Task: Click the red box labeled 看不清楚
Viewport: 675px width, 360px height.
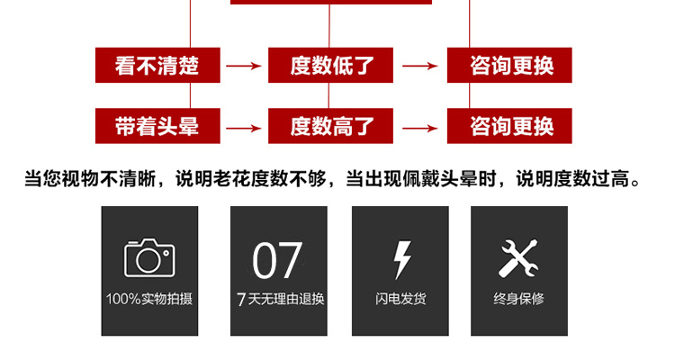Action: click(x=157, y=65)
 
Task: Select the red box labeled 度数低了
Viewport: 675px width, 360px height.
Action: click(x=330, y=65)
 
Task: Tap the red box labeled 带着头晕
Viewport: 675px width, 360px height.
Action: click(x=157, y=126)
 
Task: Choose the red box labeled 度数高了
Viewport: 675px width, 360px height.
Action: click(x=330, y=126)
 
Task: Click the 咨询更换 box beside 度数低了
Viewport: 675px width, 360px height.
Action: click(x=509, y=65)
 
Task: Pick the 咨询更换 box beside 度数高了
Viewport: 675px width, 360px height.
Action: click(x=509, y=126)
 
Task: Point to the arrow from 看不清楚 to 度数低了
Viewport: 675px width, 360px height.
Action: click(x=244, y=66)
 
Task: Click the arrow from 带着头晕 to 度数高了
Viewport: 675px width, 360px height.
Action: click(x=244, y=128)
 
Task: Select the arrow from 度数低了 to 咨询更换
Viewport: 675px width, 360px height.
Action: click(x=420, y=66)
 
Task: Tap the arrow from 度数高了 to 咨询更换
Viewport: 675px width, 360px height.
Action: click(x=420, y=128)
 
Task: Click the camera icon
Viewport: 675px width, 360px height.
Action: click(x=149, y=258)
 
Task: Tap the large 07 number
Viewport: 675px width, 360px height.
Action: click(x=277, y=260)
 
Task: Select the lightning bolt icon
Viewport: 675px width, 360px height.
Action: click(x=402, y=260)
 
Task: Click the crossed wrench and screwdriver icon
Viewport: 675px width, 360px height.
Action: click(x=518, y=258)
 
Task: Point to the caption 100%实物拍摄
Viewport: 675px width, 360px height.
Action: click(x=148, y=299)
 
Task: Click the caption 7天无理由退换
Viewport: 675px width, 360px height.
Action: click(x=280, y=299)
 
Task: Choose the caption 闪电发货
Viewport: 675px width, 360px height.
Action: click(x=400, y=299)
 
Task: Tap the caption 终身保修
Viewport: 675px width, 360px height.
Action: click(x=518, y=299)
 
